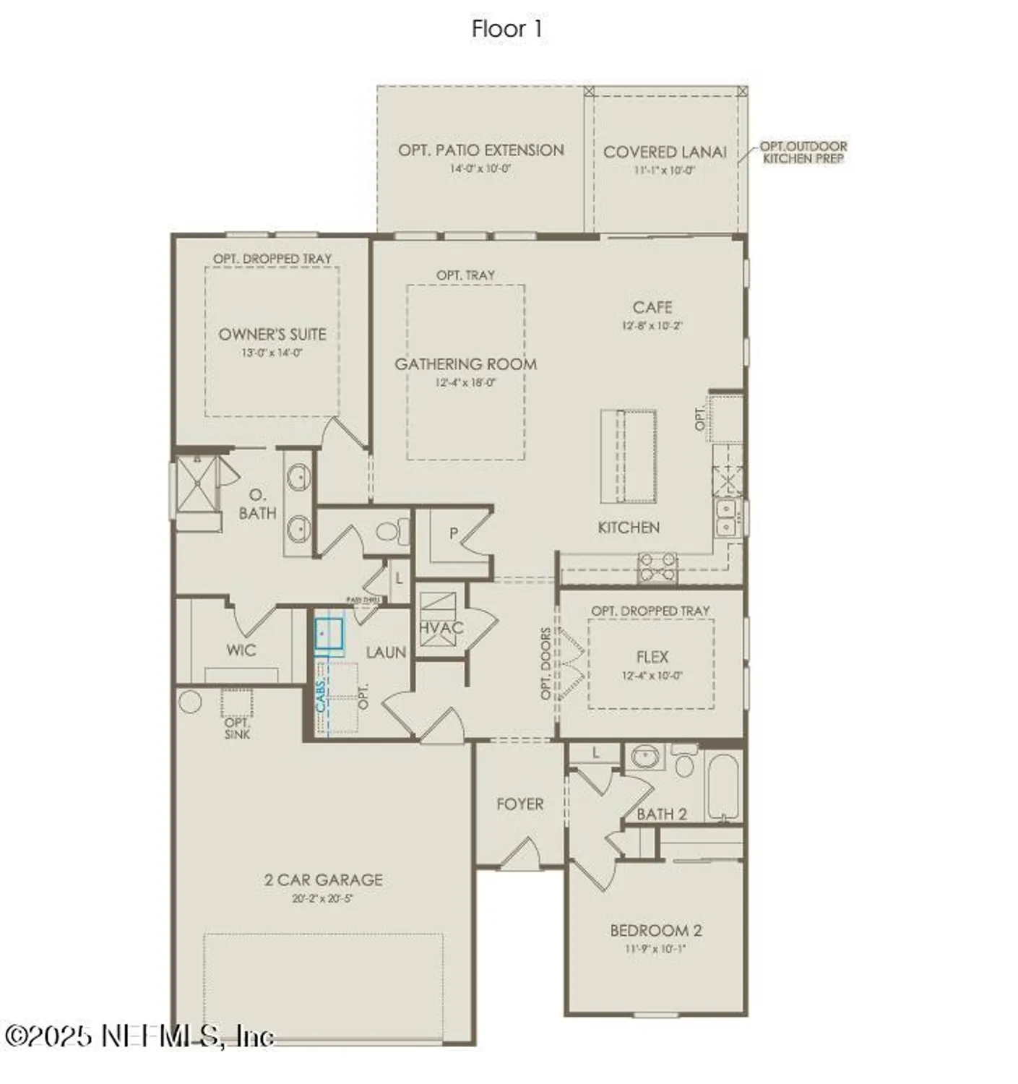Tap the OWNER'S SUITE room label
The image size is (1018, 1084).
(272, 335)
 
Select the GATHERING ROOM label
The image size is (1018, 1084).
(465, 364)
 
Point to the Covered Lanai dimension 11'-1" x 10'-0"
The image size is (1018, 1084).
(664, 171)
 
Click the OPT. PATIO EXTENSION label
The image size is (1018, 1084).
(480, 150)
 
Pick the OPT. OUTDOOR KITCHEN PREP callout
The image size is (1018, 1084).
(803, 152)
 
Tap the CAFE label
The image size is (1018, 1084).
(652, 308)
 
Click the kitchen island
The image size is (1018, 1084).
(629, 456)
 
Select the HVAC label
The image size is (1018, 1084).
(441, 627)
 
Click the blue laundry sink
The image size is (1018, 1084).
(329, 635)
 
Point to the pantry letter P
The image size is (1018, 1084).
(453, 534)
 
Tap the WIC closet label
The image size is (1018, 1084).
(241, 650)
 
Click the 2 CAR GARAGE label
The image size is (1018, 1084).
(323, 879)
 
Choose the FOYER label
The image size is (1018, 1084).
(519, 804)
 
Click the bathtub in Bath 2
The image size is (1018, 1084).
(723, 787)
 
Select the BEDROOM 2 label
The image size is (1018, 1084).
(655, 931)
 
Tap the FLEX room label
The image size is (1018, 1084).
(652, 657)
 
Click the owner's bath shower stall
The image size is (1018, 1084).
(197, 483)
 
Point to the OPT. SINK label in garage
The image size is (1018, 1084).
(237, 728)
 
